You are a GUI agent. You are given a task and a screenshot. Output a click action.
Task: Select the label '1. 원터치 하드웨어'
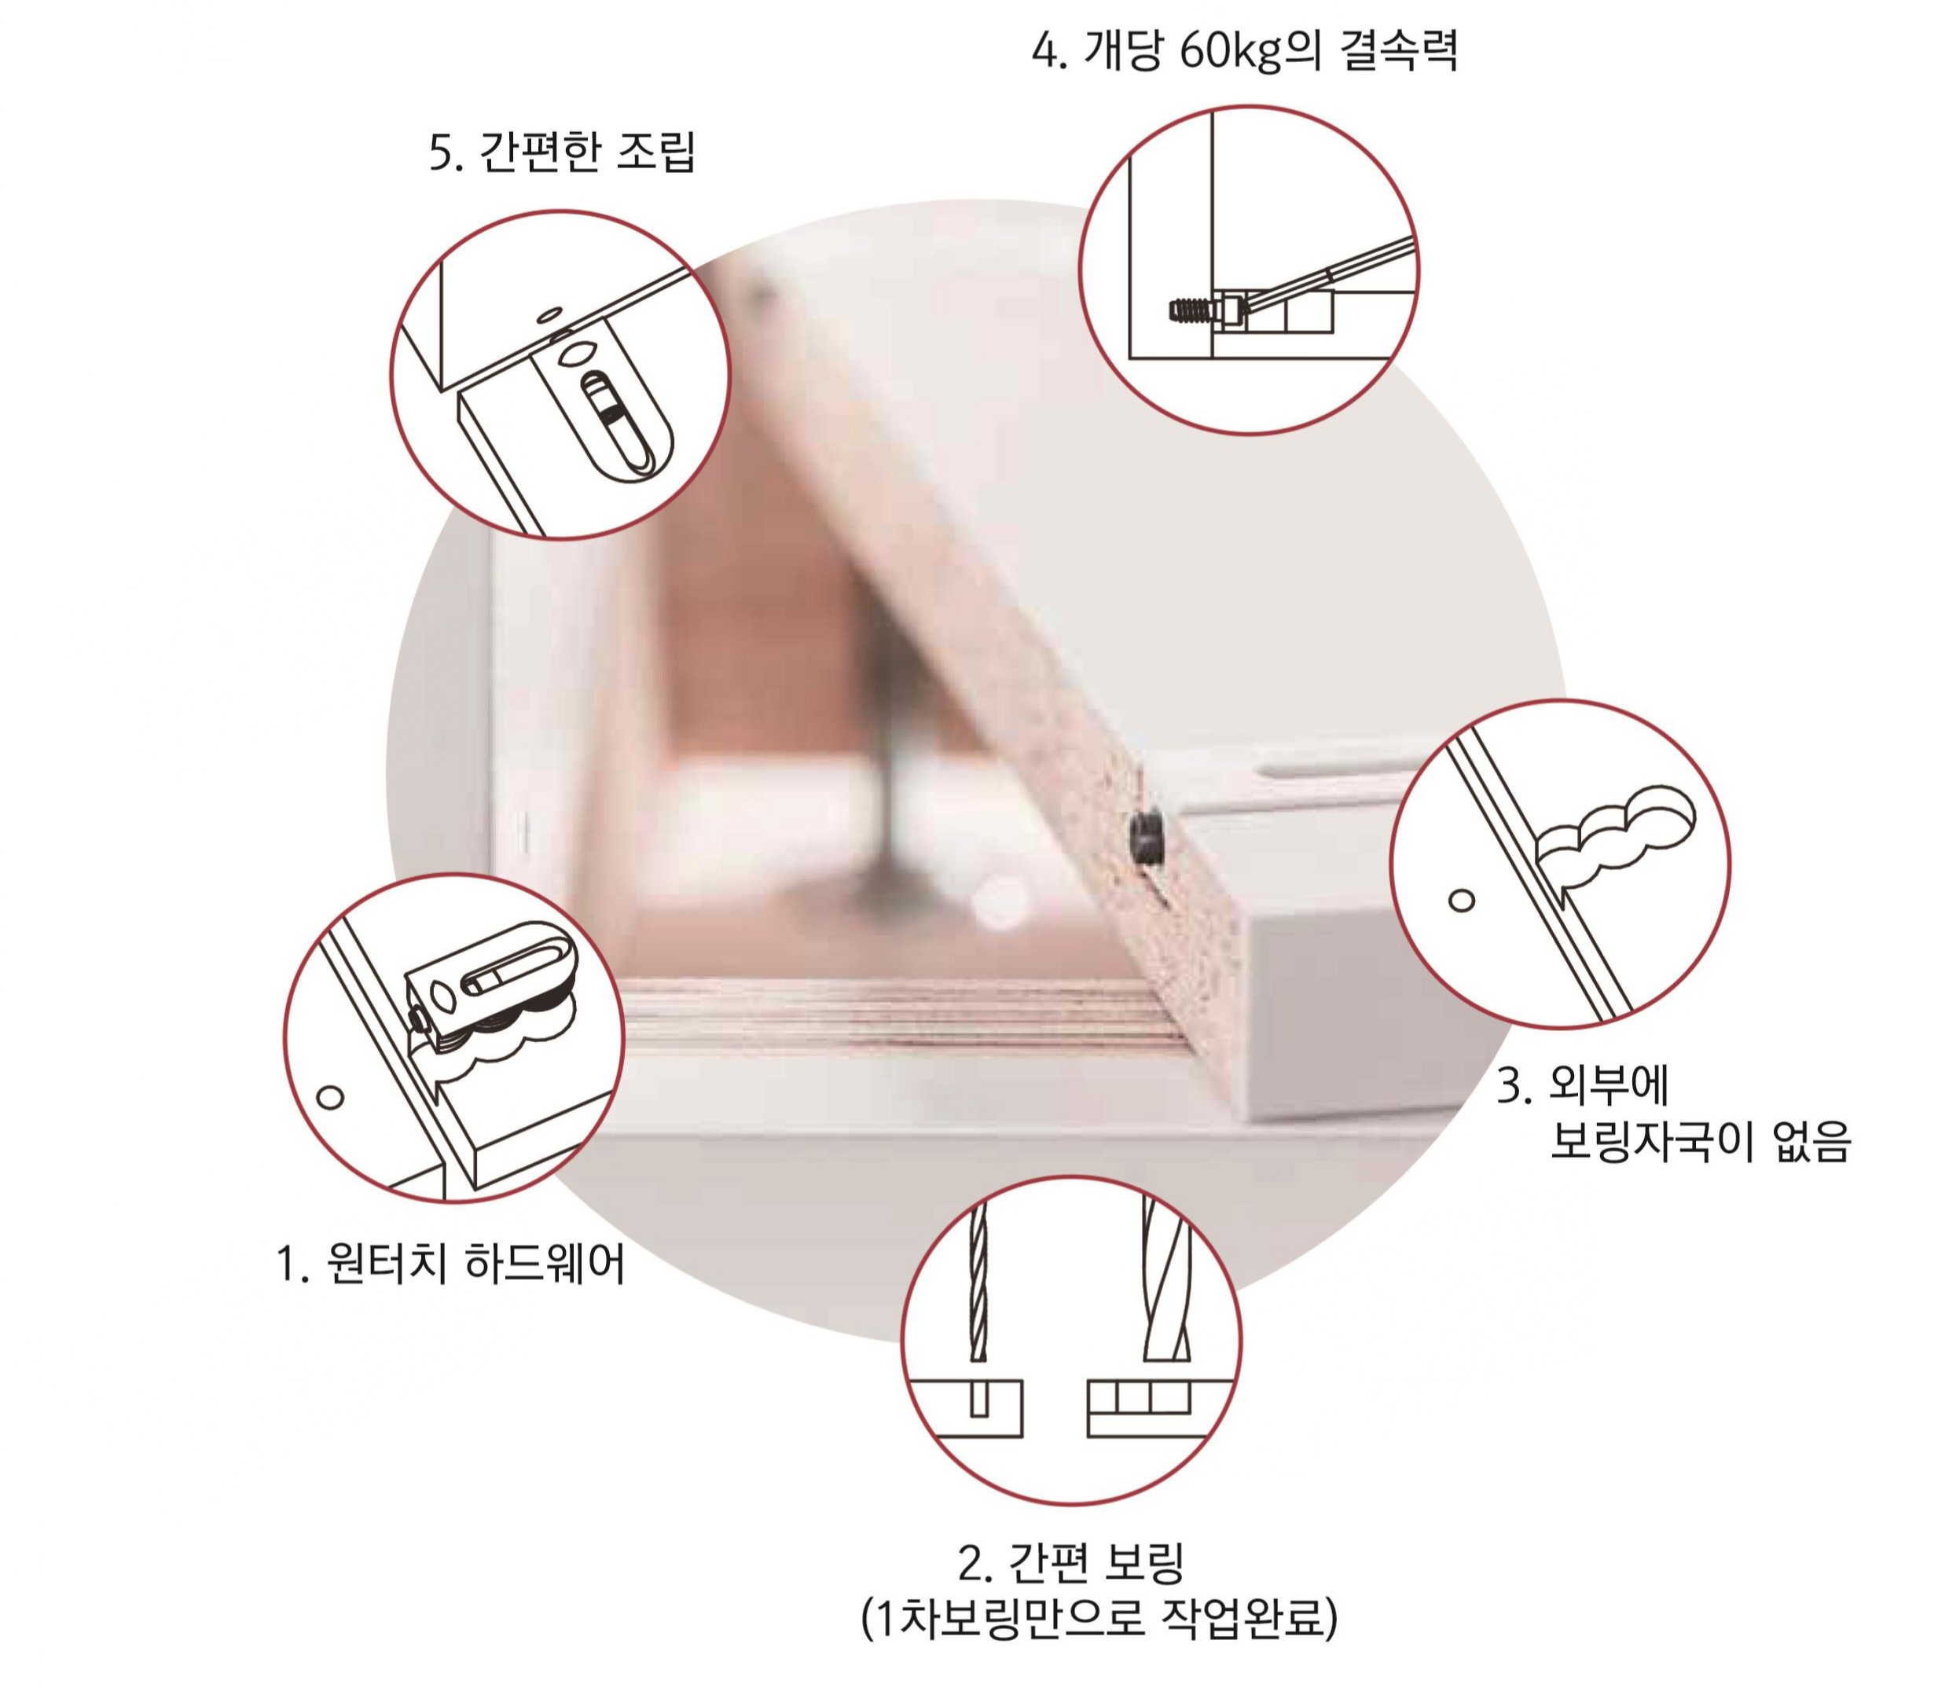(x=450, y=1263)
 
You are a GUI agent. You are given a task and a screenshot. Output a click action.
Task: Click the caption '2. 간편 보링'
(x=1071, y=1563)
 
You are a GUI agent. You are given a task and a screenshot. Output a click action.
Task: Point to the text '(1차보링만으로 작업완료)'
(x=1099, y=1617)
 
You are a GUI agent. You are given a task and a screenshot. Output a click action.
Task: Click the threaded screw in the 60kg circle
(x=1192, y=308)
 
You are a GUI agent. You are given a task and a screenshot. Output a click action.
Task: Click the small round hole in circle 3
(x=1461, y=901)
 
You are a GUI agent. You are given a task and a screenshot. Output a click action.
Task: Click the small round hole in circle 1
(x=330, y=1096)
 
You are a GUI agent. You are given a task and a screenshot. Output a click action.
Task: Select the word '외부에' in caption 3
(x=1609, y=1084)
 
